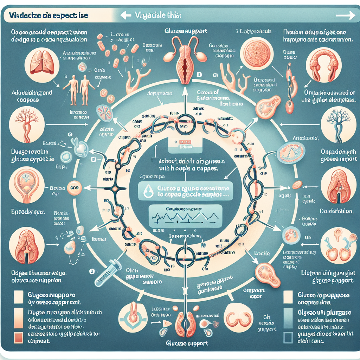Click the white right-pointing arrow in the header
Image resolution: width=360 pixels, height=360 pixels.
click(x=346, y=15)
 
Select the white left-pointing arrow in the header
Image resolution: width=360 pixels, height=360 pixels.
click(x=126, y=15)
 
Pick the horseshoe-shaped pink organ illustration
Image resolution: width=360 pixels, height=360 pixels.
click(x=323, y=65)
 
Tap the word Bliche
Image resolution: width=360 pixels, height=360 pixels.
click(x=262, y=253)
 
